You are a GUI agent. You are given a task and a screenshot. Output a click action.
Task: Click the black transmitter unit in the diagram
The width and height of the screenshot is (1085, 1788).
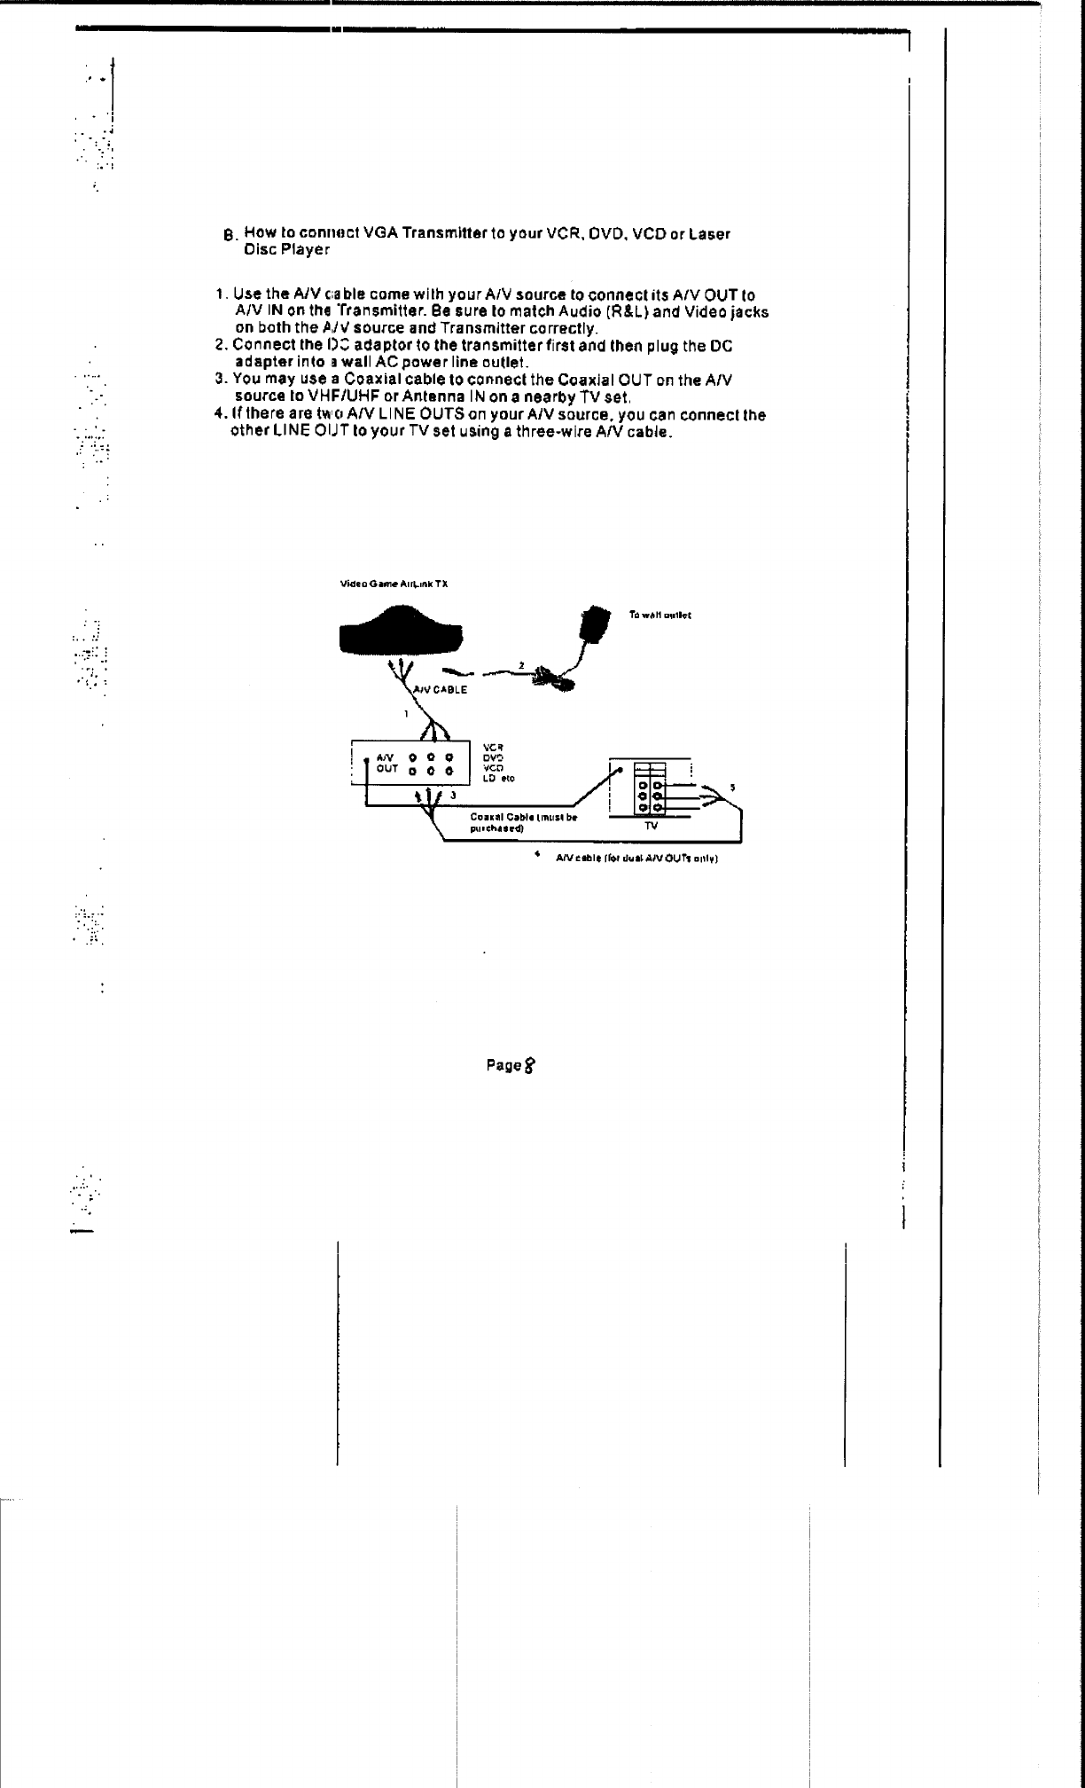tap(401, 631)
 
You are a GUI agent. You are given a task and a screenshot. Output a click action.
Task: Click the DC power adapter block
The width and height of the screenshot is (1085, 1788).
tap(594, 622)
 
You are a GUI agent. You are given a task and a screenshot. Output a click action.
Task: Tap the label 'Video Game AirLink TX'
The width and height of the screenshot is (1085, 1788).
tap(394, 584)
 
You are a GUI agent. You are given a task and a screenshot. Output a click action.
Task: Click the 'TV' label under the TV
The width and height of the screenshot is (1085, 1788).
tap(651, 826)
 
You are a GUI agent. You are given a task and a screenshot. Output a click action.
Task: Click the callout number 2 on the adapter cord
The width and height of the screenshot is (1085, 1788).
tap(521, 665)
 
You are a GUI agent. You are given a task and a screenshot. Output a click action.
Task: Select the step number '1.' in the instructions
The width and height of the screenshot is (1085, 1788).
tap(222, 294)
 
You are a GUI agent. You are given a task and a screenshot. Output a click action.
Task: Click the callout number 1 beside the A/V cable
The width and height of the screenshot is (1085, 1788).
tap(406, 713)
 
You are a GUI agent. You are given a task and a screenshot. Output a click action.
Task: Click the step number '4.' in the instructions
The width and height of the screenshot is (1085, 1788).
tap(220, 415)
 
